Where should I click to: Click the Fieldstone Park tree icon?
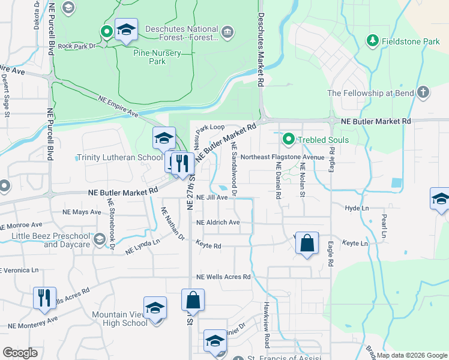(373, 41)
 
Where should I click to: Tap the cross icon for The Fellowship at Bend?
(423, 92)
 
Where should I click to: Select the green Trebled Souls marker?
(288, 139)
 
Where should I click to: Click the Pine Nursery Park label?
(157, 56)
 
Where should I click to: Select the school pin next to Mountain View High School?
(155, 308)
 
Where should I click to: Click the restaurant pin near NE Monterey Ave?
(44, 298)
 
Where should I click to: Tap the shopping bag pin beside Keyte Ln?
(307, 244)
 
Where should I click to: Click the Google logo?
(20, 353)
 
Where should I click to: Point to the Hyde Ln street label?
(357, 208)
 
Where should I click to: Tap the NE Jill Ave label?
(212, 197)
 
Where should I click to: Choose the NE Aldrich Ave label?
(218, 222)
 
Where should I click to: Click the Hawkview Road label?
(265, 325)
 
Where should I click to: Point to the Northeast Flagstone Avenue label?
(282, 157)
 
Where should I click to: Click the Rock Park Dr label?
(82, 46)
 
